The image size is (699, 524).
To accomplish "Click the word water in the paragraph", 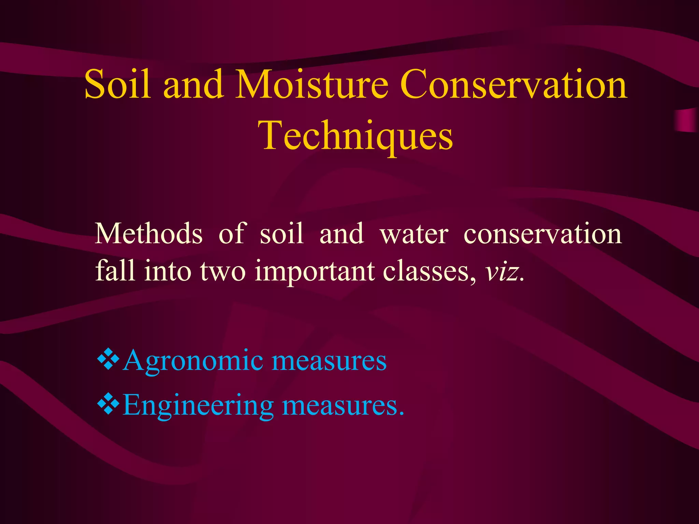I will (x=414, y=234).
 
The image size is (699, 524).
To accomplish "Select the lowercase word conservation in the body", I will (x=543, y=234).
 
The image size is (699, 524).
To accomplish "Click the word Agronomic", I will (x=193, y=361).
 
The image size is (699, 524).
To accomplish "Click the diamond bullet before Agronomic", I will (x=108, y=359).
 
